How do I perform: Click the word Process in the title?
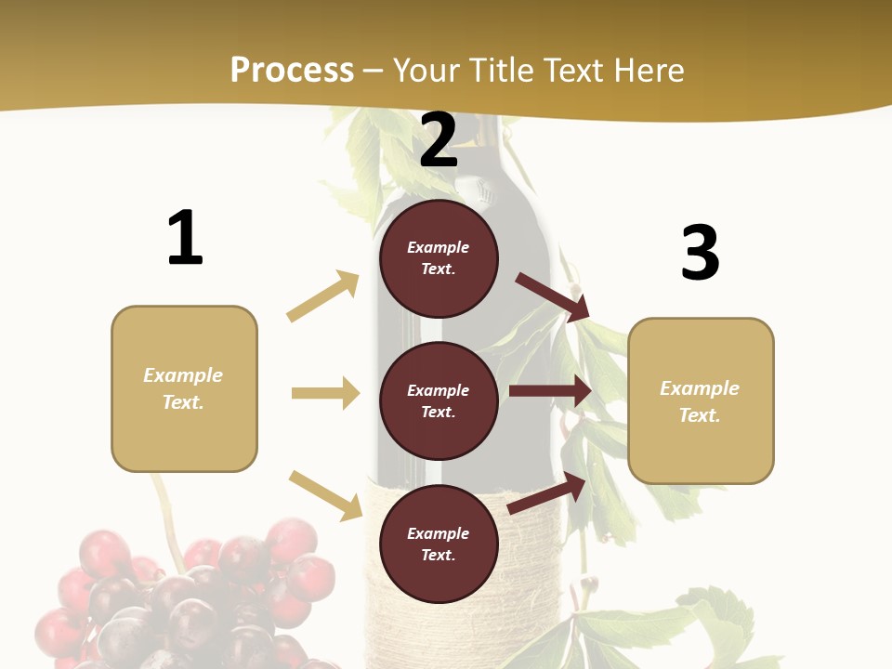click(x=292, y=70)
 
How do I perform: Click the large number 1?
click(x=185, y=238)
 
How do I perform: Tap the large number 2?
click(x=439, y=140)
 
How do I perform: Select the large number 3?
click(x=700, y=253)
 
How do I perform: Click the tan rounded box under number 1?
click(x=184, y=388)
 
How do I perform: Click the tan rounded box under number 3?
click(x=701, y=401)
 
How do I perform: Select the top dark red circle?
click(x=439, y=258)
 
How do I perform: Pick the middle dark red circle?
click(x=439, y=400)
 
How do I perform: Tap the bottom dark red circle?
click(x=439, y=544)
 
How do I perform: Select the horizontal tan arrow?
click(x=325, y=393)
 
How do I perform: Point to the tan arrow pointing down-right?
click(x=325, y=495)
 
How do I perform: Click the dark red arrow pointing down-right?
click(x=553, y=297)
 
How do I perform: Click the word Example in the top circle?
click(x=439, y=247)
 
